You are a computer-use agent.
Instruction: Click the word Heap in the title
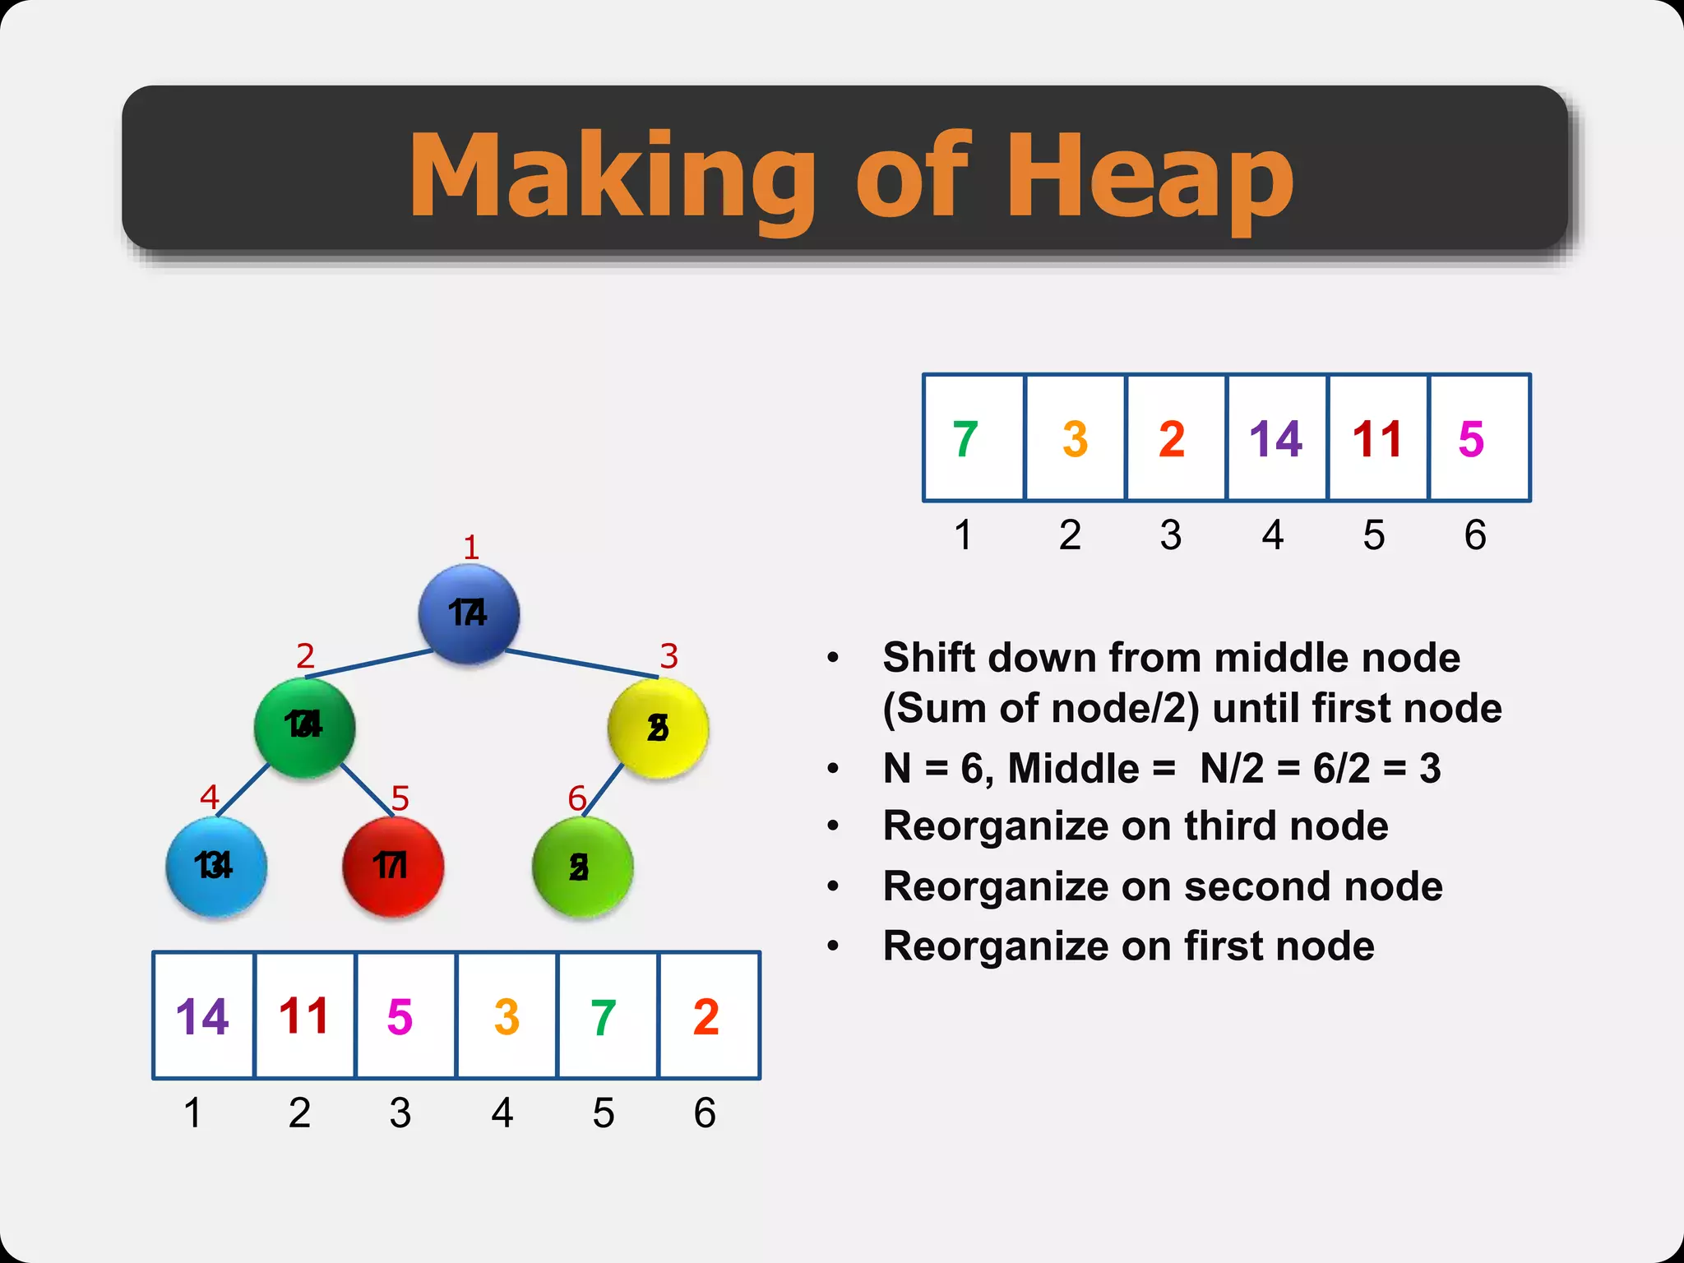1150,176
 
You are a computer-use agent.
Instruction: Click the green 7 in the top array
965,439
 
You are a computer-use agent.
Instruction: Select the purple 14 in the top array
1275,439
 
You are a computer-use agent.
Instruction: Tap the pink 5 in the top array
1471,439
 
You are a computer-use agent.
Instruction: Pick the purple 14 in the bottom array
202,1017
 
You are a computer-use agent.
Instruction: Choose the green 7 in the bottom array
604,1017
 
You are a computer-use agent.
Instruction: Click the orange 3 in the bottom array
507,1017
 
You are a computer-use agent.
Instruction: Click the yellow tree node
658,728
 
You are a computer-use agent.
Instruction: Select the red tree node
392,867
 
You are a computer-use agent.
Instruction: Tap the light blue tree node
215,867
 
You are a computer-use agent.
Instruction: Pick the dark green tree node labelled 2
304,727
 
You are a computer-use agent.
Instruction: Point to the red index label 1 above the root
471,548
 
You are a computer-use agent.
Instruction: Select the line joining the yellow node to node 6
603,790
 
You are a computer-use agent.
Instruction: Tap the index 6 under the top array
1475,535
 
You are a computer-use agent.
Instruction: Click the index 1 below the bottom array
192,1113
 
